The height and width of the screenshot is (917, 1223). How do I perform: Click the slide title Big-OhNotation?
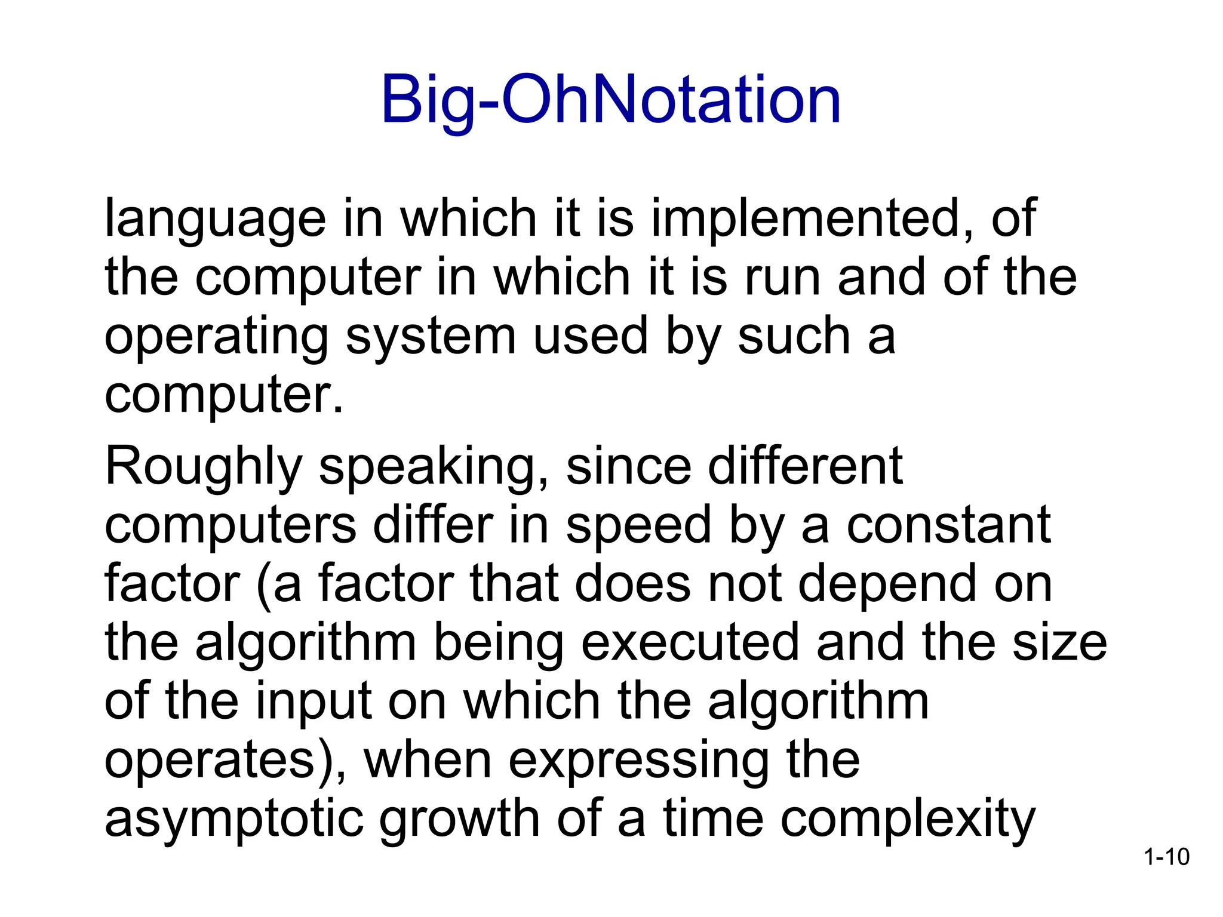coord(611,100)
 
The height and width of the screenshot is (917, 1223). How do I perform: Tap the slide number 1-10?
coord(1166,857)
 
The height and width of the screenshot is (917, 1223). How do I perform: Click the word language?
coord(215,220)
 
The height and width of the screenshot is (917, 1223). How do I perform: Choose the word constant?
coord(949,525)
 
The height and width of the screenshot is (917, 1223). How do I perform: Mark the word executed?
coord(690,642)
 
